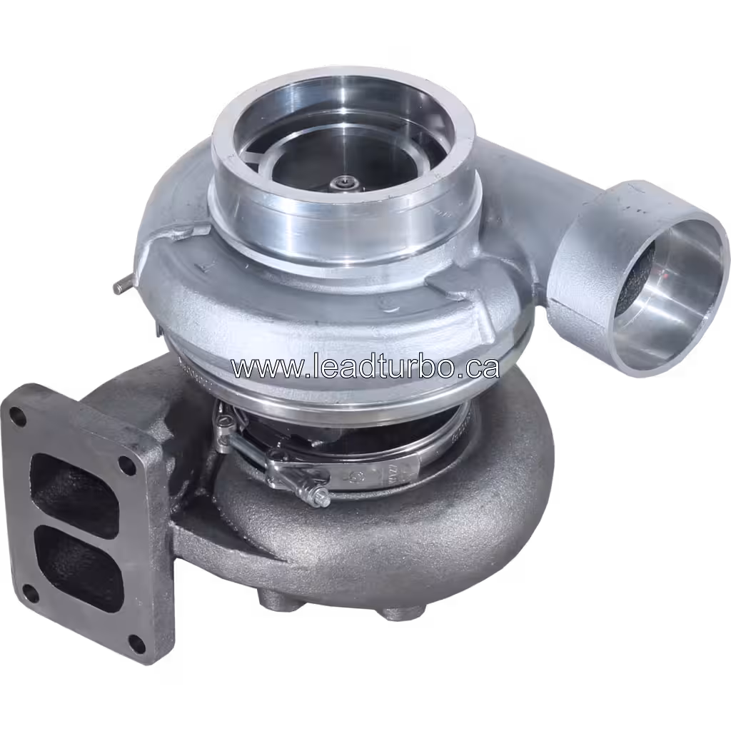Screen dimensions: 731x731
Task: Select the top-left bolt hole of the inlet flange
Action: point(17,418)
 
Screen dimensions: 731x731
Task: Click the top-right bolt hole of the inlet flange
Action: point(127,465)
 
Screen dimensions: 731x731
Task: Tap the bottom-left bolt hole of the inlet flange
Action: point(30,592)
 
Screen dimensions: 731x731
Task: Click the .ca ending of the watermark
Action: point(478,367)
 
